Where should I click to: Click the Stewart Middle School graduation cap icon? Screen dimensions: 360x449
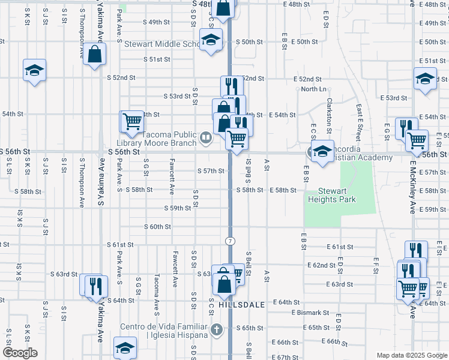coord(211,40)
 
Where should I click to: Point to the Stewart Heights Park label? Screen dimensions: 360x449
coord(333,195)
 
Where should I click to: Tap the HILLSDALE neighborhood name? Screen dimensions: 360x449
coord(242,305)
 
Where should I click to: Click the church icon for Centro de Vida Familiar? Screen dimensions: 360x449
coord(217,329)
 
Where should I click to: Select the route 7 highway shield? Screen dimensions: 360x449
coord(230,241)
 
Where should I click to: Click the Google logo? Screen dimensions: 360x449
coord(20,353)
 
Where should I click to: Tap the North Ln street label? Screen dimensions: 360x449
coord(314,89)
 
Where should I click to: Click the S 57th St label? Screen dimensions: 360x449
coord(211,171)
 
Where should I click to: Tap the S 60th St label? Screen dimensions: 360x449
coord(158,227)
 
